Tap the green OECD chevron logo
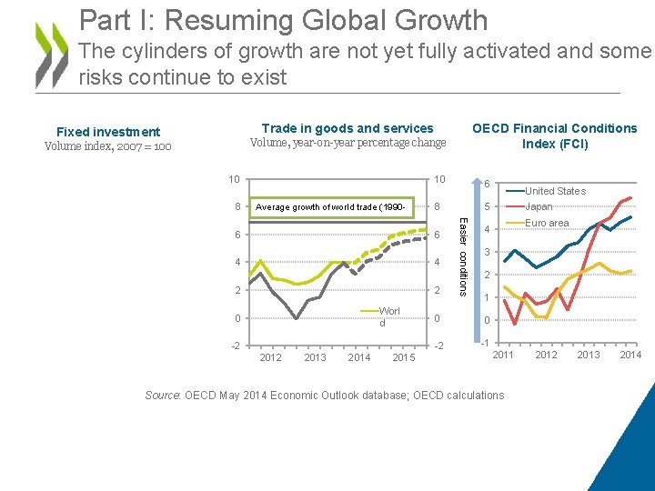point(50,54)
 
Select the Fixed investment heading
point(108,132)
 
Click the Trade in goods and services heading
point(348,128)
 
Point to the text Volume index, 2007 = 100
point(107,146)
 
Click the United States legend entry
point(555,191)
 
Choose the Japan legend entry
point(539,206)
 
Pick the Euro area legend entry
point(547,223)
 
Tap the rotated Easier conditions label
point(463,254)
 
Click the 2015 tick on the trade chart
point(404,357)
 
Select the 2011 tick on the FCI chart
point(503,355)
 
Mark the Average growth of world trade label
point(331,207)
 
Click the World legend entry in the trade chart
point(388,317)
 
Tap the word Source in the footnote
point(163,396)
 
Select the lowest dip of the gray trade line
point(297,318)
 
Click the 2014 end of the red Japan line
point(630,198)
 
